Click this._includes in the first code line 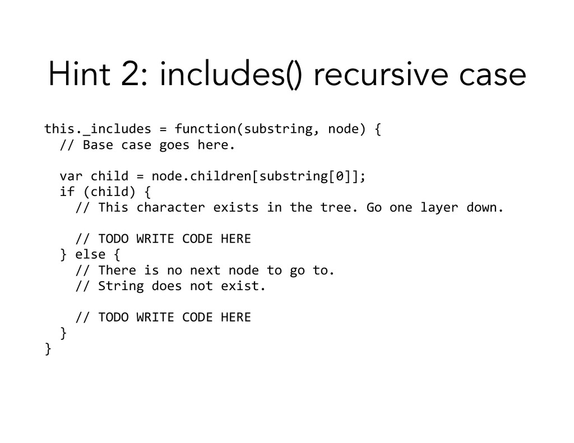pos(98,129)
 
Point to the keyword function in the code pos(205,129)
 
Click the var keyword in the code pos(67,177)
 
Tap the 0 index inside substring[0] pos(335,177)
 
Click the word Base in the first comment pos(98,145)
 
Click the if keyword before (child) pos(67,193)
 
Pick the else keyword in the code pos(90,255)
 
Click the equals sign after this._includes pos(163,129)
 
